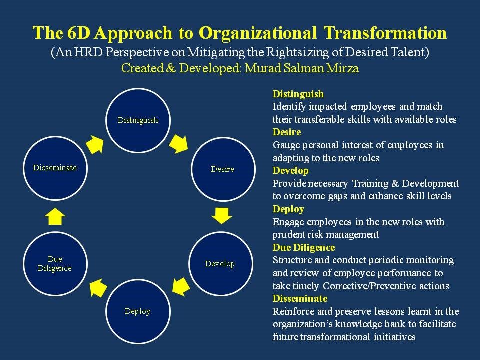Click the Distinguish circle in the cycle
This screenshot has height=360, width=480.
tap(138, 120)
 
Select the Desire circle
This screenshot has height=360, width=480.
tap(223, 169)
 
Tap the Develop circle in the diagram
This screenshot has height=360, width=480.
tap(220, 263)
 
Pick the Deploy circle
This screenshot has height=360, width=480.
tap(138, 311)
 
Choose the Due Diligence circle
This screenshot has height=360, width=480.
tap(55, 263)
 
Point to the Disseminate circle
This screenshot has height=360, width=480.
tap(55, 168)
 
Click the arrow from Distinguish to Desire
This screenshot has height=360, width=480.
tap(179, 143)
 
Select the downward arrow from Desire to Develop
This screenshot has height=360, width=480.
tap(222, 216)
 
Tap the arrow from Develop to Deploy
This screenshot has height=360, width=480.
tap(181, 287)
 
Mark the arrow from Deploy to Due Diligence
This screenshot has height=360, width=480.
tap(98, 288)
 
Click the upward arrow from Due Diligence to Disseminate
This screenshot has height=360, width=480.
tap(55, 217)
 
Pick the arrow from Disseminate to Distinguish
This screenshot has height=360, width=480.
tap(95, 144)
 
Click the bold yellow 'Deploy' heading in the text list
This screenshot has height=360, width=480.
tap(288, 209)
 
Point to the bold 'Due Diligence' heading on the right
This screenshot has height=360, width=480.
tap(304, 247)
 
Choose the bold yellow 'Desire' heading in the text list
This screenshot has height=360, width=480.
tap(287, 132)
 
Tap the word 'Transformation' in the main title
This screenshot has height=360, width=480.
tap(385, 33)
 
